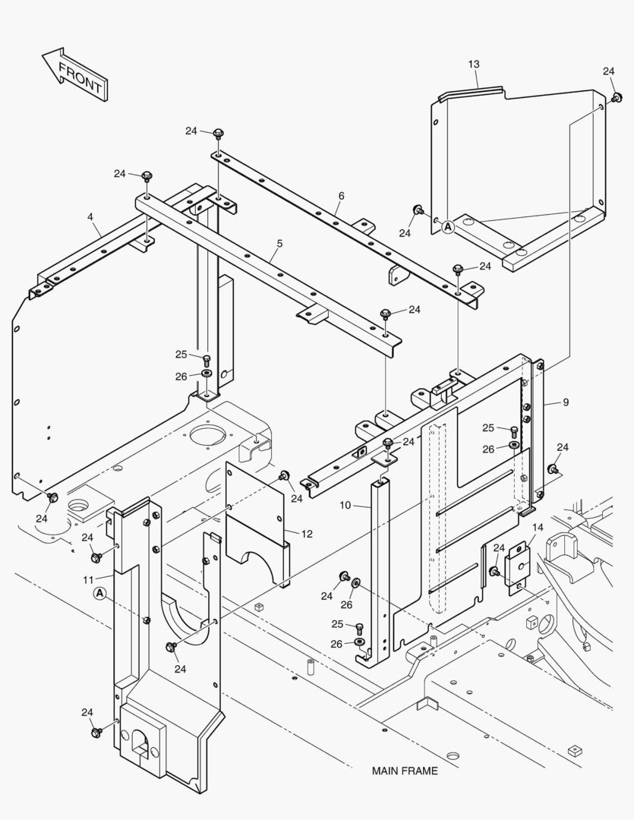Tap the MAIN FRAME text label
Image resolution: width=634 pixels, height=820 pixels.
click(404, 771)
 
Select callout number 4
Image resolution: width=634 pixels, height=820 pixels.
click(90, 217)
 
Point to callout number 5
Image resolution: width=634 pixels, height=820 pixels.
click(279, 244)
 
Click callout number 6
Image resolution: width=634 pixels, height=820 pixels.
click(341, 196)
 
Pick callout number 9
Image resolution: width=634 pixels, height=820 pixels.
click(565, 402)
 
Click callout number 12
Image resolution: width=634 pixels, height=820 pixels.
click(307, 535)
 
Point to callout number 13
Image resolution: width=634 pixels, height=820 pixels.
click(474, 64)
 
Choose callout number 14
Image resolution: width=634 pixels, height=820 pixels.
click(538, 527)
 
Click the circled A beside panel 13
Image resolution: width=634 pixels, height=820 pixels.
click(448, 226)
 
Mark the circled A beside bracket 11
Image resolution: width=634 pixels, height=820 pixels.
click(99, 593)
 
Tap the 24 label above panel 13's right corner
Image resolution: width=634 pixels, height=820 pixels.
click(608, 71)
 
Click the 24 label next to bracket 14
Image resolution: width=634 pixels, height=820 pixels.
click(499, 548)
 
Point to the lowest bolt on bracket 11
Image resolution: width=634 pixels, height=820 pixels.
click(97, 732)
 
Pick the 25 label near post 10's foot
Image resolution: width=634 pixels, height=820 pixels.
click(338, 624)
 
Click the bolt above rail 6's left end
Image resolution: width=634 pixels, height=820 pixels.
click(218, 134)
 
